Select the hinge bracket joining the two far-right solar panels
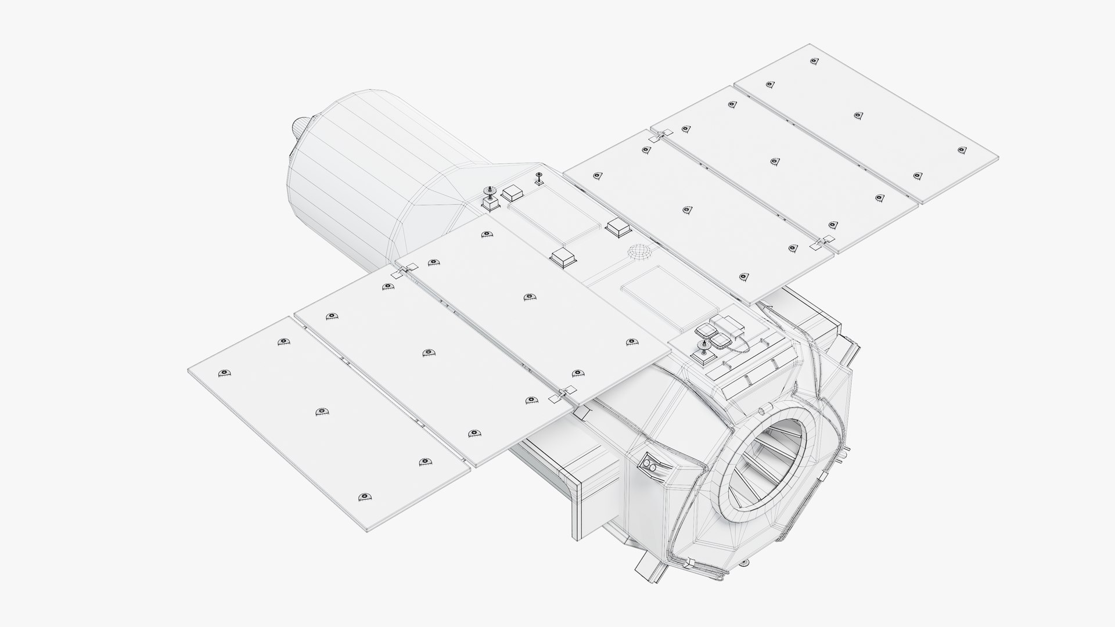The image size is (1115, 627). tap(822, 243)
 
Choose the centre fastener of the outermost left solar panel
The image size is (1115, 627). tap(322, 412)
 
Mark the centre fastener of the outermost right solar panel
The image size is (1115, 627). tap(858, 115)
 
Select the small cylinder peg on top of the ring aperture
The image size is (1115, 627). tap(760, 410)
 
